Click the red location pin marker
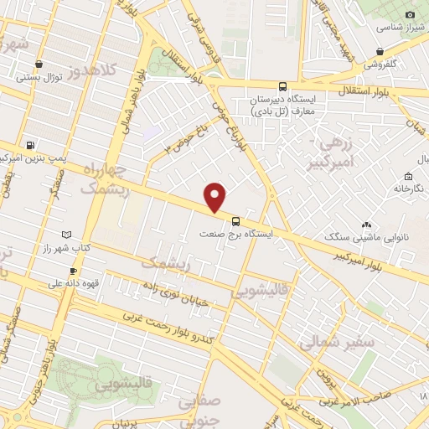[215, 197]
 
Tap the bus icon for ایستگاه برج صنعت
[235, 222]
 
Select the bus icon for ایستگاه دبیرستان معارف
[282, 85]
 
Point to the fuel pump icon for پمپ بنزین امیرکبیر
[31, 144]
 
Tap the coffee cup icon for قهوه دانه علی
[73, 271]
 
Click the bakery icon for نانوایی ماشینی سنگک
[366, 224]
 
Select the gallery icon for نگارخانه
[407, 177]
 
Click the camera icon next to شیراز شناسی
[411, 15]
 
